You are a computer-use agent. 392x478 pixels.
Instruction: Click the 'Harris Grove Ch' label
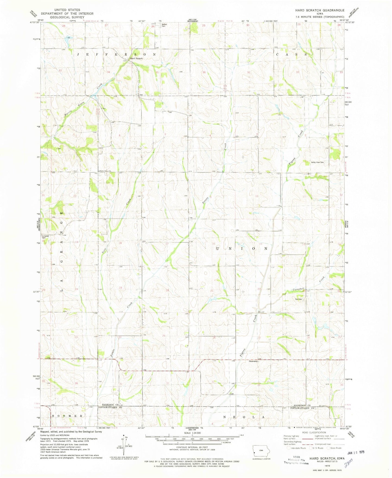pos(105,171)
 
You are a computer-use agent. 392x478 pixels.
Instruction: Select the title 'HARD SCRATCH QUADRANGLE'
pos(320,10)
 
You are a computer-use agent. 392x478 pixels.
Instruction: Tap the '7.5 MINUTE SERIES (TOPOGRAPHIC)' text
pos(320,17)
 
